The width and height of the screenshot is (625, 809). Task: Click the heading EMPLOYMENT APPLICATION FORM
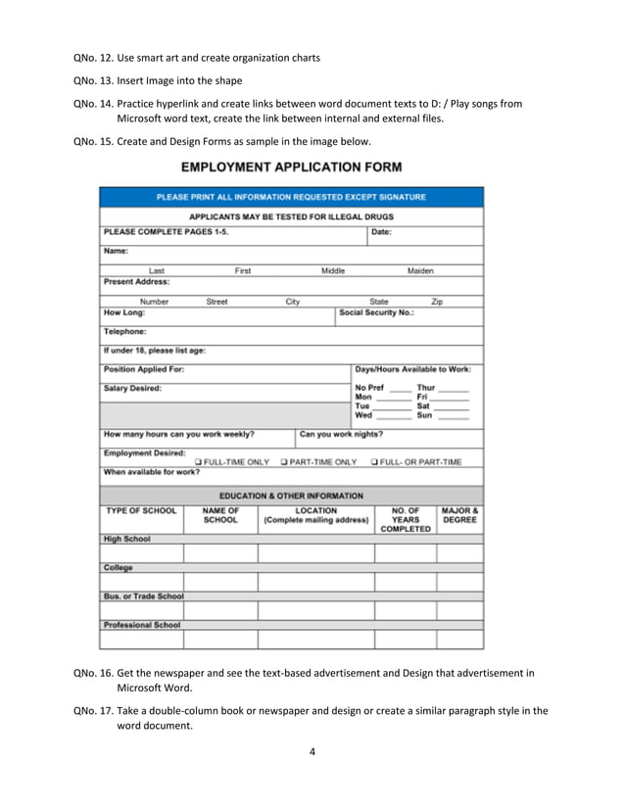point(291,168)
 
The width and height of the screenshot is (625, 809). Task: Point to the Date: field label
point(382,232)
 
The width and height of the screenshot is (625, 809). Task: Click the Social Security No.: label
point(376,313)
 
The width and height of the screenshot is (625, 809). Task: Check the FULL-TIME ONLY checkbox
point(199,461)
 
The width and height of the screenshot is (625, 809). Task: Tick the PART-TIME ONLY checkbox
point(284,461)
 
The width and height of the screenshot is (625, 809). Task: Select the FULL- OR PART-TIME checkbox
point(375,461)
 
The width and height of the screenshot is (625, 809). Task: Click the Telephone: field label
point(124,331)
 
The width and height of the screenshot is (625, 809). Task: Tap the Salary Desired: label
point(133,388)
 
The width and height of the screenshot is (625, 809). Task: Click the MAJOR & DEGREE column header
point(459,515)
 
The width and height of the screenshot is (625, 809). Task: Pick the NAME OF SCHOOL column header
point(220,515)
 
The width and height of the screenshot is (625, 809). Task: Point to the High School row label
point(127,539)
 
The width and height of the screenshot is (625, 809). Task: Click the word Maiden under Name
point(420,270)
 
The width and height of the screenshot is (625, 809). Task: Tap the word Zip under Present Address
point(437,302)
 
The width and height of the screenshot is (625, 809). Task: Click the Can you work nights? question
point(341,433)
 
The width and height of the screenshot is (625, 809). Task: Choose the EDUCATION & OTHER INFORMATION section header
point(291,496)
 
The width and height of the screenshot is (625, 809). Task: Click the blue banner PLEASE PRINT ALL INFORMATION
point(291,197)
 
